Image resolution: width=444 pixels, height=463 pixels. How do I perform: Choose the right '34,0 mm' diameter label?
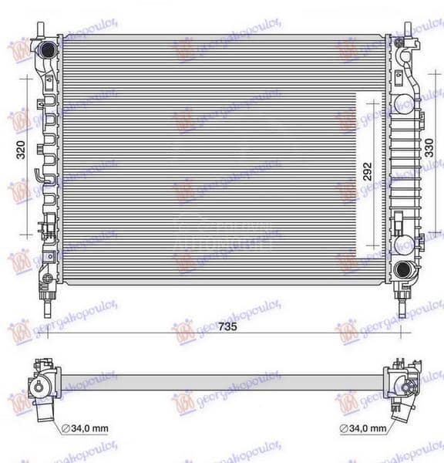(x=365, y=428)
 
